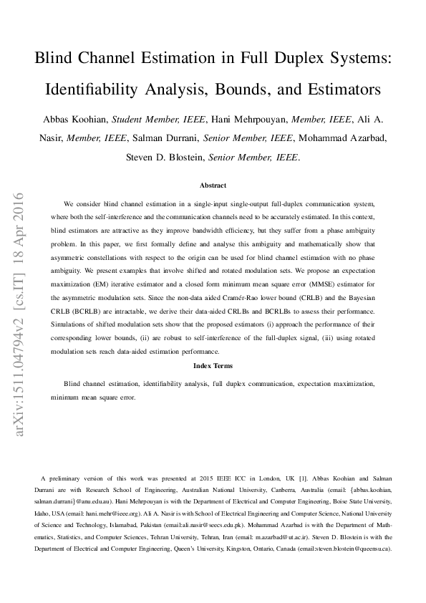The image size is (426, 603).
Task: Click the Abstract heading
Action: coord(213,185)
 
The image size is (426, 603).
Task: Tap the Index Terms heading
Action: coord(213,366)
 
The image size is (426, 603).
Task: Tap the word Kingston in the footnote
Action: coord(256,549)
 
